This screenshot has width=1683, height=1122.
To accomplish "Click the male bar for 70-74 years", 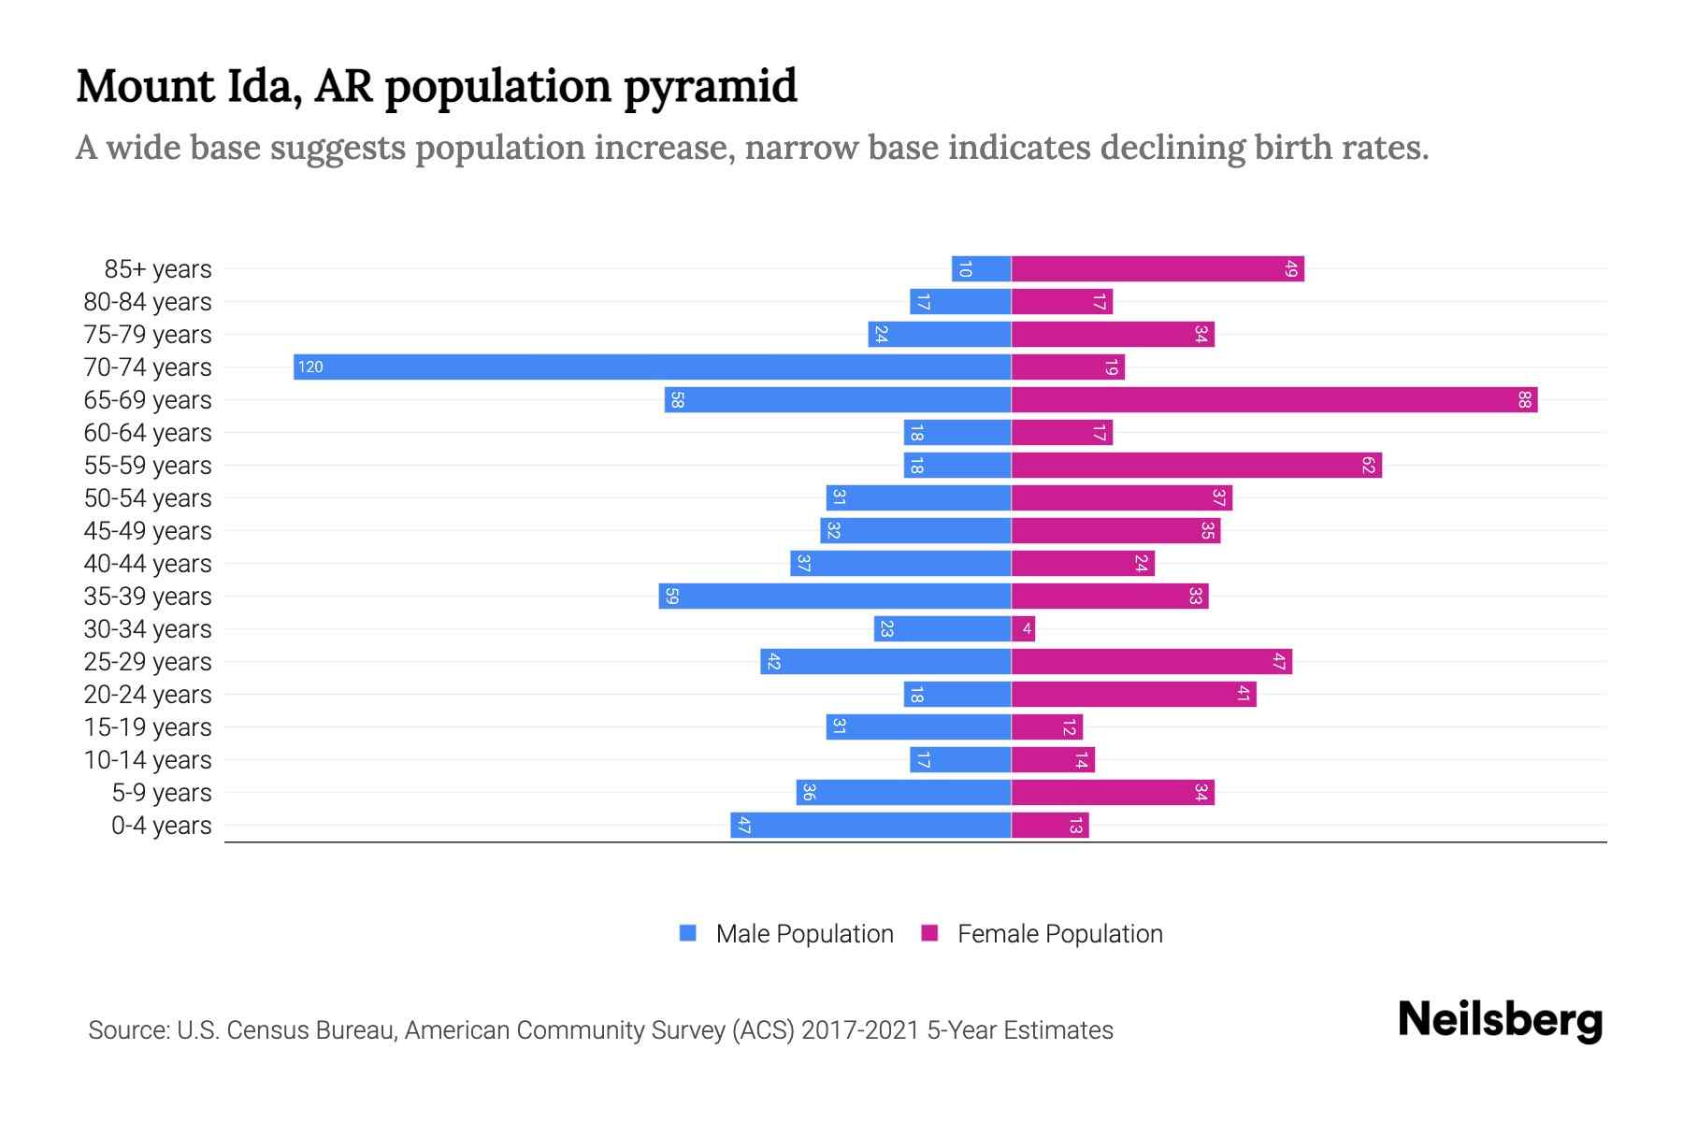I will tap(652, 367).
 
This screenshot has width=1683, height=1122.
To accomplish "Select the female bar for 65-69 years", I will tap(1273, 400).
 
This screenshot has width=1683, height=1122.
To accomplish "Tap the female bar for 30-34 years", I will tap(1023, 629).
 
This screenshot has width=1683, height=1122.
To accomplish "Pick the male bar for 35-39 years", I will tap(834, 597).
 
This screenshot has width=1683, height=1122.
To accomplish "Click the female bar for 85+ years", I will tap(1157, 269).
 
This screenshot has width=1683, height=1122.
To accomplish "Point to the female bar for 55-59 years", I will tap(1196, 466).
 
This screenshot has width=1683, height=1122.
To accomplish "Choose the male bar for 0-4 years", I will tap(870, 826).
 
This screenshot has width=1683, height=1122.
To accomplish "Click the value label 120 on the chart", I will tap(310, 367).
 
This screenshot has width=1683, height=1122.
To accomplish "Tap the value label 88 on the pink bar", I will tap(1525, 400).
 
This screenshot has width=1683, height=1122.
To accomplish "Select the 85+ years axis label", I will tap(157, 269).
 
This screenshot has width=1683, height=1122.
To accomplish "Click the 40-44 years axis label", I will tap(148, 564).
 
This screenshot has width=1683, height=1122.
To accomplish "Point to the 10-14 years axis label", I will tap(148, 760).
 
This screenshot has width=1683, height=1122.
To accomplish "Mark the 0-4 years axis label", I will tap(161, 826).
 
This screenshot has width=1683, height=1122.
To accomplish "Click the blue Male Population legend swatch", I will tap(688, 933).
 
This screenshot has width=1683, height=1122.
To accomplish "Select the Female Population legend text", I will tap(1059, 934).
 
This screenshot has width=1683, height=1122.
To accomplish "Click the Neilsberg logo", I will tap(1500, 1020).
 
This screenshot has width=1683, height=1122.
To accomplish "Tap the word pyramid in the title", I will tap(710, 87).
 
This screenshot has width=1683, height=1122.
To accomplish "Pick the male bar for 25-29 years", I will tap(885, 662).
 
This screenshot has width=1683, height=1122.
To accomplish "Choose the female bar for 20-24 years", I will tap(1133, 695).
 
